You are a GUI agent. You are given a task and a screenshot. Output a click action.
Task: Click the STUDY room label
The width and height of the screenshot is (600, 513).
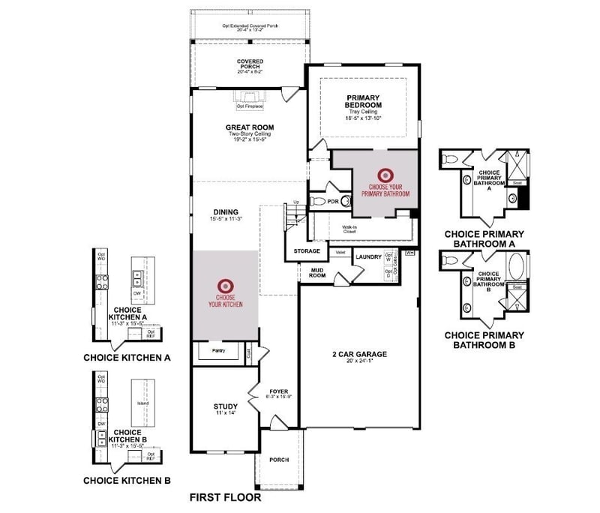(x=225, y=406)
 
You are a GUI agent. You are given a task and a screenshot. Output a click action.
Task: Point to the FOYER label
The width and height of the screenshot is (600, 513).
(x=278, y=389)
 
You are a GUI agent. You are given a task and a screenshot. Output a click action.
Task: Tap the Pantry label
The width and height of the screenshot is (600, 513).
(x=218, y=350)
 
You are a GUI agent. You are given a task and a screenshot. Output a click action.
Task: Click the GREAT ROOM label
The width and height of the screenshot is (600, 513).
(x=247, y=127)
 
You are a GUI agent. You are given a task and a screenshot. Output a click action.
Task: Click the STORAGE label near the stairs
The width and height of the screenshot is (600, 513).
(x=307, y=250)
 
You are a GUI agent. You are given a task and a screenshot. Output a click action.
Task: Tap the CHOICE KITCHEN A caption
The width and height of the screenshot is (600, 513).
(x=126, y=358)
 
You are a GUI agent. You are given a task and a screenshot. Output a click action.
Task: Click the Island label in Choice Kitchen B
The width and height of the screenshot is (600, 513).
(x=142, y=403)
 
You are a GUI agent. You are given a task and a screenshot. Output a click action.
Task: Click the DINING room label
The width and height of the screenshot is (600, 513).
(x=225, y=213)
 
